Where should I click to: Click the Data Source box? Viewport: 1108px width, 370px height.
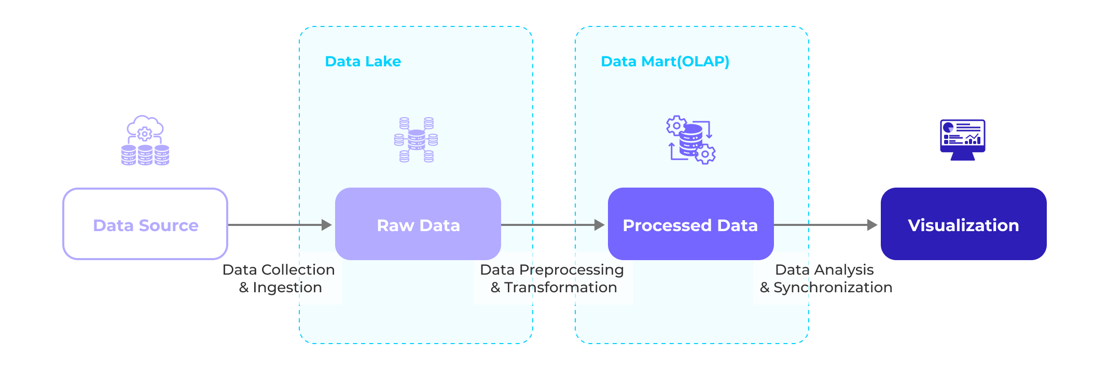pyautogui.click(x=145, y=224)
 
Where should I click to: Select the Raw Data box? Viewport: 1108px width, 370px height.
pyautogui.click(x=418, y=224)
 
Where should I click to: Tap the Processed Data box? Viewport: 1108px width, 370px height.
pyautogui.click(x=690, y=224)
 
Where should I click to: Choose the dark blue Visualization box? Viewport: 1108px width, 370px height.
pyautogui.click(x=963, y=224)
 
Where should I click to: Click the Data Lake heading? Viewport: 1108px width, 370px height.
pyautogui.click(x=363, y=61)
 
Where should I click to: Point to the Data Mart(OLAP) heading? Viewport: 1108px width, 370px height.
pyautogui.click(x=665, y=61)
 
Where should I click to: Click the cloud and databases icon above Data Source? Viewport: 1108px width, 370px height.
pyautogui.click(x=145, y=140)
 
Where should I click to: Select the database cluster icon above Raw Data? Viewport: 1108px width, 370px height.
pyautogui.click(x=416, y=140)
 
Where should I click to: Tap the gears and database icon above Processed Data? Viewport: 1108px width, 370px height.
pyautogui.click(x=690, y=140)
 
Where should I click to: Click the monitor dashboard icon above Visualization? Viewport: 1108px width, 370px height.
pyautogui.click(x=963, y=139)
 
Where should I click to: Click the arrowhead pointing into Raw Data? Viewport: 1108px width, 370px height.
pyautogui.click(x=327, y=225)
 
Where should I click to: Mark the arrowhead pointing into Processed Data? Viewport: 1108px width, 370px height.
pyautogui.click(x=600, y=225)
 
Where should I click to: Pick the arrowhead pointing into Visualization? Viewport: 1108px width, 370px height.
pyautogui.click(x=872, y=225)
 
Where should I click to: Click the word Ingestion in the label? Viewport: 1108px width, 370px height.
pyautogui.click(x=287, y=288)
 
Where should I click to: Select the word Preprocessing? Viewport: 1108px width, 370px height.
pyautogui.click(x=571, y=270)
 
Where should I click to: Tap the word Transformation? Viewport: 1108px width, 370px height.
pyautogui.click(x=561, y=288)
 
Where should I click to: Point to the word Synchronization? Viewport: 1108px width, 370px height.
pyautogui.click(x=833, y=288)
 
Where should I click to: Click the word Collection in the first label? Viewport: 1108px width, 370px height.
pyautogui.click(x=298, y=270)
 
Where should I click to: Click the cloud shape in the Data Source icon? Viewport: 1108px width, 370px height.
pyautogui.click(x=146, y=126)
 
